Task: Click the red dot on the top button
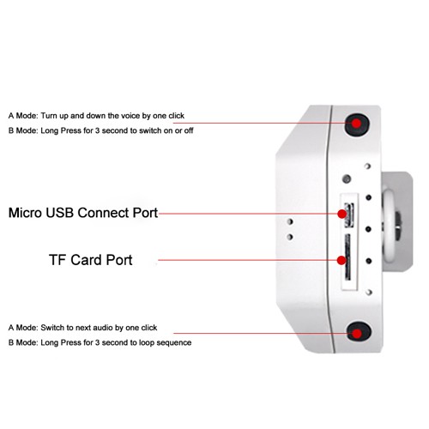pos(356,124)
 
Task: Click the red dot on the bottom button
pos(357,334)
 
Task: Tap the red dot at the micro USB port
pos(342,214)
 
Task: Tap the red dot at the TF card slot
pos(341,260)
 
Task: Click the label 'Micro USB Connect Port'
pos(83,213)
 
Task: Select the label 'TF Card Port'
pos(91,260)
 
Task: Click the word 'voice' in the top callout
pos(130,116)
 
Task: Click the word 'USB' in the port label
pos(59,213)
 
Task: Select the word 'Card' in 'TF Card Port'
pos(87,260)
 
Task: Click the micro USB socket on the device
pos(349,215)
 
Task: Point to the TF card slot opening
pos(347,257)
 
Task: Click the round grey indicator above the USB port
pos(347,179)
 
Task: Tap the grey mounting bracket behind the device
pos(397,221)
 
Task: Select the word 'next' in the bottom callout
pos(83,328)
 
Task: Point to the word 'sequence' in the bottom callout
pos(173,342)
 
